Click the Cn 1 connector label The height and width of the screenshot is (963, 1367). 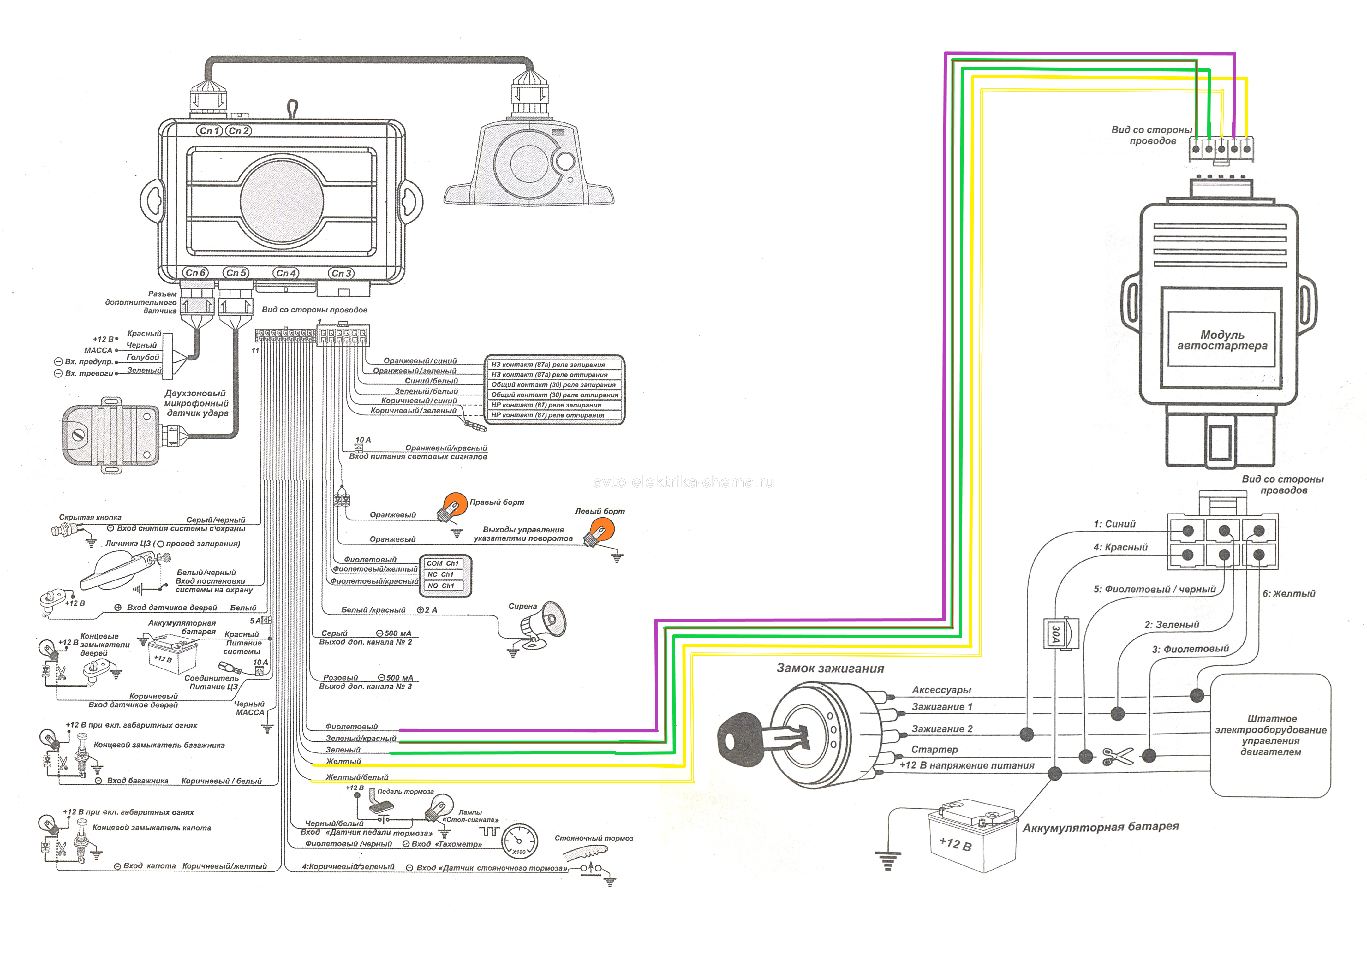pyautogui.click(x=210, y=130)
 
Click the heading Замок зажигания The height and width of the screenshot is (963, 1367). pyautogui.click(x=830, y=669)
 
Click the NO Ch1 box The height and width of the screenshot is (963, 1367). pyautogui.click(x=441, y=586)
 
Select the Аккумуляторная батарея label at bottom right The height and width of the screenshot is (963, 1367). pyautogui.click(x=1100, y=827)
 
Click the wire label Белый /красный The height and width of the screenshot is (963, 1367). pyautogui.click(x=373, y=610)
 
